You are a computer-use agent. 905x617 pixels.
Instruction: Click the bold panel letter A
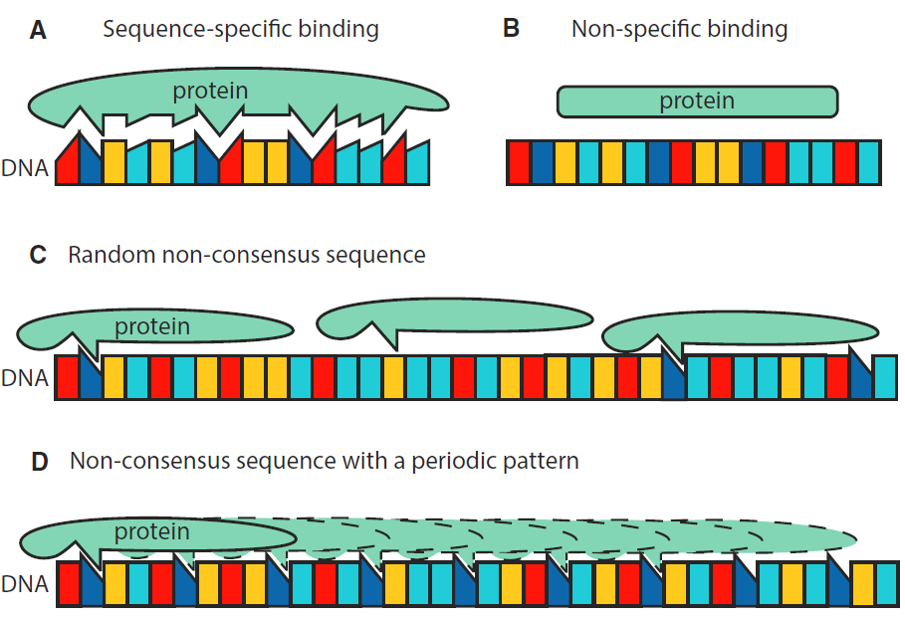click(38, 30)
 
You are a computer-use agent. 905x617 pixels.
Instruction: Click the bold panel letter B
click(511, 29)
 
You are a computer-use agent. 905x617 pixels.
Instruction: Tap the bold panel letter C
click(38, 256)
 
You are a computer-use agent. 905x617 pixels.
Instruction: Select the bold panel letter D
click(38, 462)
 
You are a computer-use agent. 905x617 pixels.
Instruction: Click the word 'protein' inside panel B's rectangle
click(697, 101)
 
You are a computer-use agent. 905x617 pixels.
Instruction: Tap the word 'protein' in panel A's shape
click(210, 92)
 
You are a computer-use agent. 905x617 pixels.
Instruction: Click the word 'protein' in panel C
click(152, 326)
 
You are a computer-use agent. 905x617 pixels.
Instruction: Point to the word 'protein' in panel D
click(152, 532)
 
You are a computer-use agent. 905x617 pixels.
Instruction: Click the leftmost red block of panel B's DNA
click(518, 163)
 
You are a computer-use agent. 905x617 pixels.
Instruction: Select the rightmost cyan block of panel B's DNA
click(869, 163)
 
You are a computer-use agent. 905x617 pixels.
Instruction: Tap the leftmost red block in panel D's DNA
click(68, 584)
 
